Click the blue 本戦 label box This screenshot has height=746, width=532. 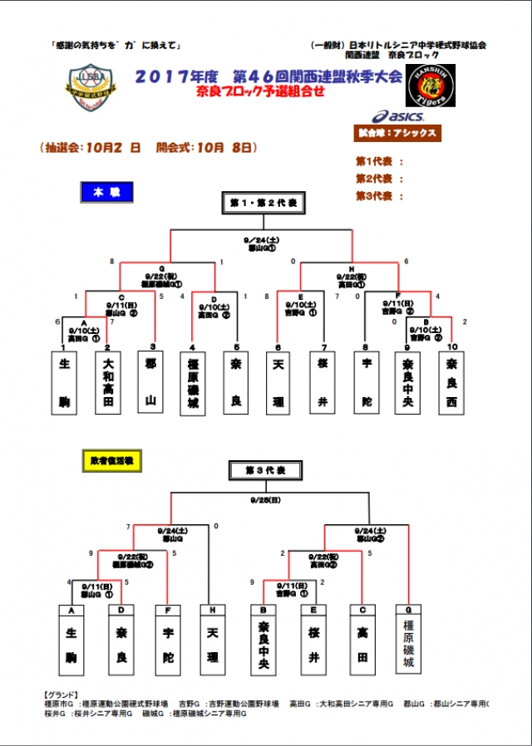tap(106, 192)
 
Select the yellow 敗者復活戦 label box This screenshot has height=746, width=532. tap(112, 458)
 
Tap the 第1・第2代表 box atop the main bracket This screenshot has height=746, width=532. tap(264, 202)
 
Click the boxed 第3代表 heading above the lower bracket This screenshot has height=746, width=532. tap(264, 471)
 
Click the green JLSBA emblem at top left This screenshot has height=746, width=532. tap(92, 86)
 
